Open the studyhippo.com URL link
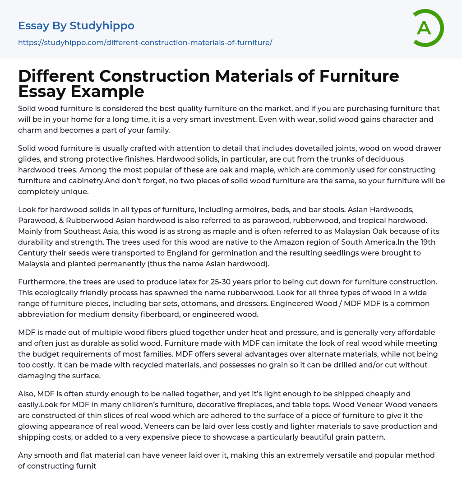[x=145, y=42]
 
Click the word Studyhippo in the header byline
[x=102, y=26]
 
